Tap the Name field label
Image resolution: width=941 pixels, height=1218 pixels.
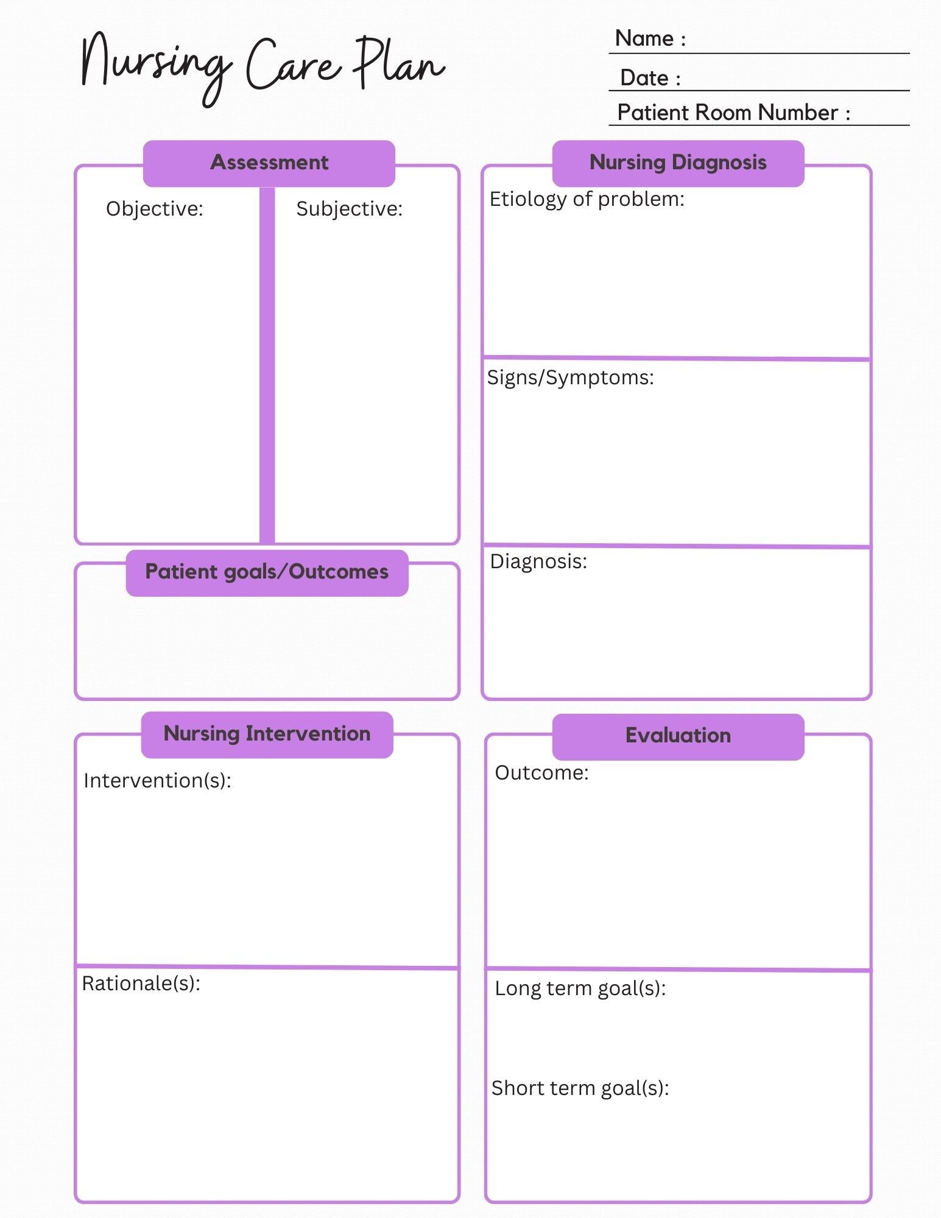tap(650, 38)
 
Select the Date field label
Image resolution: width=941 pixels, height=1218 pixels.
tap(650, 78)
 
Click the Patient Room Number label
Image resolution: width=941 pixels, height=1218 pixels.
tap(733, 113)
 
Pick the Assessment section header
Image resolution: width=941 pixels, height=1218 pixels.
tap(269, 163)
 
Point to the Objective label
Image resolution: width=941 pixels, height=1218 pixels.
tap(154, 209)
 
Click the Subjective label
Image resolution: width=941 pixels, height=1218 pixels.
tap(349, 209)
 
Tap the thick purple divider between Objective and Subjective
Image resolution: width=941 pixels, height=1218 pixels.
tap(267, 365)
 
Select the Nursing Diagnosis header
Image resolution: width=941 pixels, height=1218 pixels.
tap(678, 163)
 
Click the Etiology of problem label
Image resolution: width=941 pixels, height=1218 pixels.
tap(587, 199)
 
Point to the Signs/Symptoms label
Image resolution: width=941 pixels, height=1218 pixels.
tap(570, 378)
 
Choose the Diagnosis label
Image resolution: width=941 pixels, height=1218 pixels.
tap(538, 561)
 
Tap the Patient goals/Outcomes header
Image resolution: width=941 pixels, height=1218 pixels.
tap(267, 572)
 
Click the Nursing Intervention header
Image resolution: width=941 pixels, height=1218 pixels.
tap(267, 734)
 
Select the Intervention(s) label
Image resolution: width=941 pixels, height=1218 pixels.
tap(157, 781)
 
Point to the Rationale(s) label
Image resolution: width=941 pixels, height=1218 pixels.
tap(141, 984)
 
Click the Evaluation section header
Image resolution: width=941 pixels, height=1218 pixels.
tap(678, 736)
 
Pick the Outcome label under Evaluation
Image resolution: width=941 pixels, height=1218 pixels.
tap(541, 773)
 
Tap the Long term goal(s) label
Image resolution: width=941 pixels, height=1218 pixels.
tap(580, 988)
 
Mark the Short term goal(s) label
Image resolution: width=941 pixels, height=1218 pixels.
tap(580, 1088)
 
